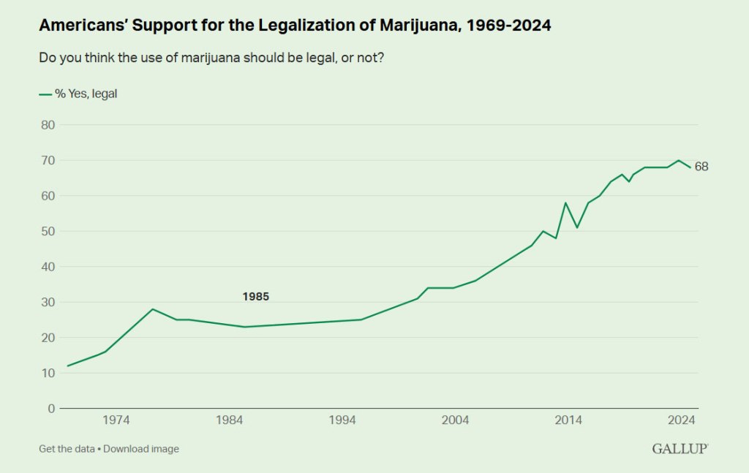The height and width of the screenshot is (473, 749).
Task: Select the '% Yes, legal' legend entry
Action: [x=78, y=94]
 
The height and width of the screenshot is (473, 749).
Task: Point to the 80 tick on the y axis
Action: [x=47, y=124]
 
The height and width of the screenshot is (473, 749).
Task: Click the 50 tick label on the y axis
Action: [x=47, y=231]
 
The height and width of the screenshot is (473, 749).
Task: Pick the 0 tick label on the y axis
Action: [x=50, y=409]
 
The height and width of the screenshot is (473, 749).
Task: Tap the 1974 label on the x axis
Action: [x=116, y=420]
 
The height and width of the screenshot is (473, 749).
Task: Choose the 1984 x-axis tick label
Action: [x=230, y=420]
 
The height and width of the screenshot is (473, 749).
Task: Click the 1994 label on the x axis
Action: [x=342, y=420]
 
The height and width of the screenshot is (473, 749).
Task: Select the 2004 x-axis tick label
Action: [x=456, y=420]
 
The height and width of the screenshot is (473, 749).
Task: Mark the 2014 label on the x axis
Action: [x=568, y=420]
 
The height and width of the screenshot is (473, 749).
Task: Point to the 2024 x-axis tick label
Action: [x=682, y=420]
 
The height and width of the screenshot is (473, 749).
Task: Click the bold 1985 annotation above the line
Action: [x=255, y=297]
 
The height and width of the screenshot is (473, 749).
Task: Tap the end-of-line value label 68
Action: [x=701, y=167]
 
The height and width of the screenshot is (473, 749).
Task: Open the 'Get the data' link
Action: [x=67, y=449]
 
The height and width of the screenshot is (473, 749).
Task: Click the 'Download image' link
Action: [x=141, y=449]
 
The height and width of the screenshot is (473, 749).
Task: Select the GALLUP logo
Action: [x=680, y=448]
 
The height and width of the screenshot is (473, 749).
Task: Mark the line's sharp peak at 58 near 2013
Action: [x=565, y=203]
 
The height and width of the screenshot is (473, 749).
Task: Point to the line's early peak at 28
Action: [x=152, y=309]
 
